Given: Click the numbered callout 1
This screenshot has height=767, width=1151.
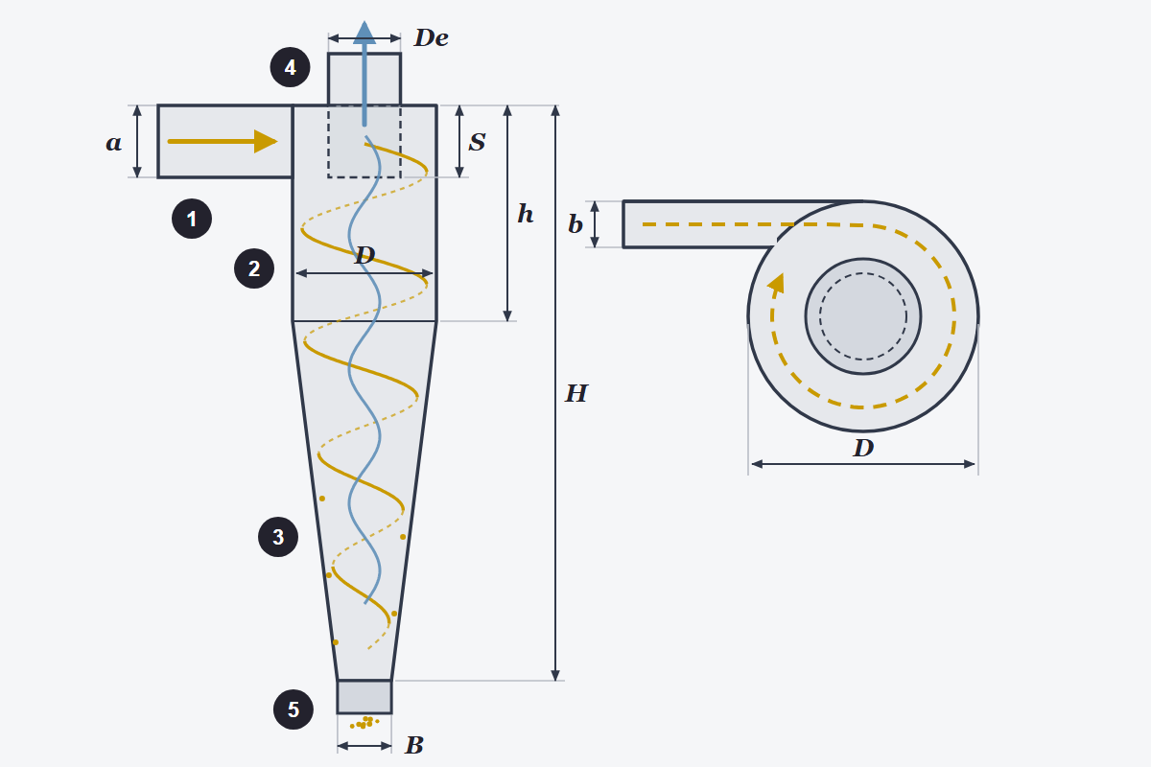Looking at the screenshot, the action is [x=192, y=219].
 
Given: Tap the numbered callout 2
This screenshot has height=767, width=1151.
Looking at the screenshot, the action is [x=254, y=268].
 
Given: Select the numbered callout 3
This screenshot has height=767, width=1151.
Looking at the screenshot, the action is [x=278, y=537].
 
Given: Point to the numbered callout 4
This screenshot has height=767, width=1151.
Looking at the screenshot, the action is [x=291, y=67].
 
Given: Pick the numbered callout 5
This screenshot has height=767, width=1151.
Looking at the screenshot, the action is [x=294, y=709].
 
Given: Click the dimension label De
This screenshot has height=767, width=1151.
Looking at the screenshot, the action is [x=432, y=38].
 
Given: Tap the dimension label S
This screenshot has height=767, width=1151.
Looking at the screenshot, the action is [x=477, y=142].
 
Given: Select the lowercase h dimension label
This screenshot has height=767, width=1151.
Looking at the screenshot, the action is [x=526, y=213].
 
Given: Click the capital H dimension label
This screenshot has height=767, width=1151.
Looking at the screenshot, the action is [x=576, y=393].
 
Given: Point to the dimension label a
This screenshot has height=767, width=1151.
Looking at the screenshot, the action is [x=114, y=143].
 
